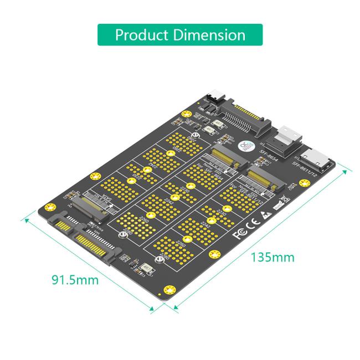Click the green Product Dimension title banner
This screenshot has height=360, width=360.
coord(180,34)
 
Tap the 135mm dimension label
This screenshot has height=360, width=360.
coord(273,257)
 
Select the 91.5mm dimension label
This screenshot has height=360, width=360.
coord(75,279)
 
